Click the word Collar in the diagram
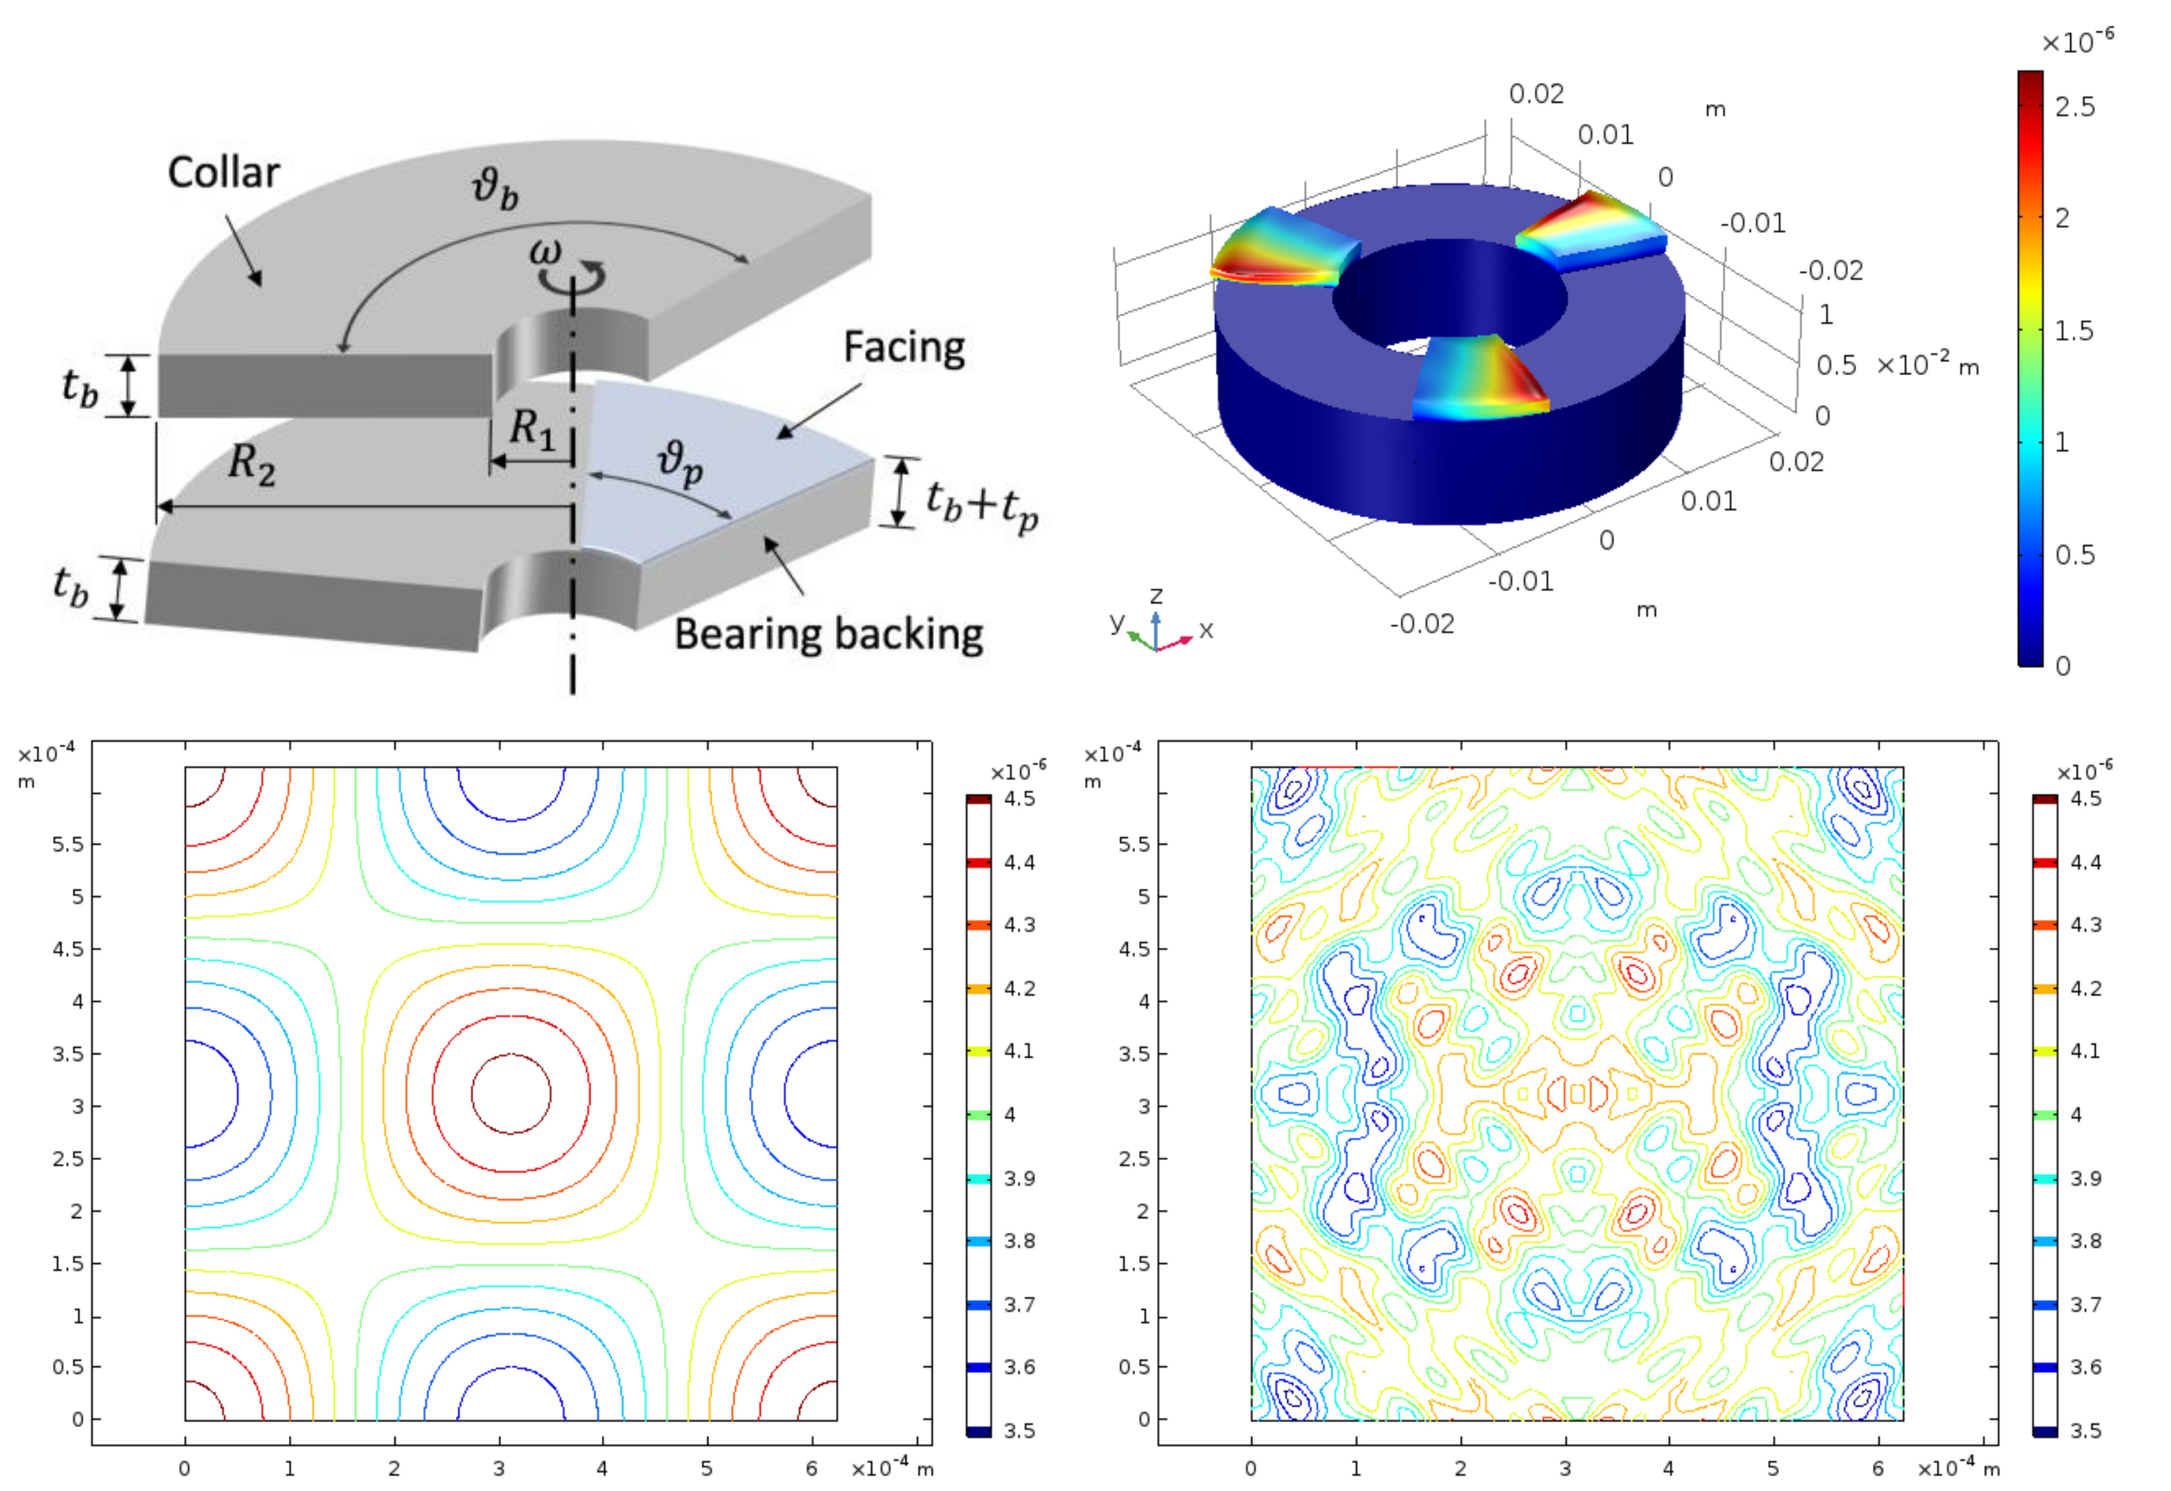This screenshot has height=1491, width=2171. point(223,173)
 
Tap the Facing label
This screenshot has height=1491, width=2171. point(904,348)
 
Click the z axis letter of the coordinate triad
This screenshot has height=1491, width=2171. point(1156,595)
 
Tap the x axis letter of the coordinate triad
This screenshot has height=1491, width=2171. point(1206,630)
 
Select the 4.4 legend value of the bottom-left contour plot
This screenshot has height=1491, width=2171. point(1018,862)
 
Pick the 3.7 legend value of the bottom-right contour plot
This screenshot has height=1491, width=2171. point(2085,1304)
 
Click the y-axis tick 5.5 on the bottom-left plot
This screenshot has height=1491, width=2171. point(67,844)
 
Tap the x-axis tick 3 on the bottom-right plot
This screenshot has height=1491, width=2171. point(1565,1468)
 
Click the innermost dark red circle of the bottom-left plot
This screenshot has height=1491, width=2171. point(511,1093)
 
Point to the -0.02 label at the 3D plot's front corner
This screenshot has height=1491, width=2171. point(1422,623)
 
